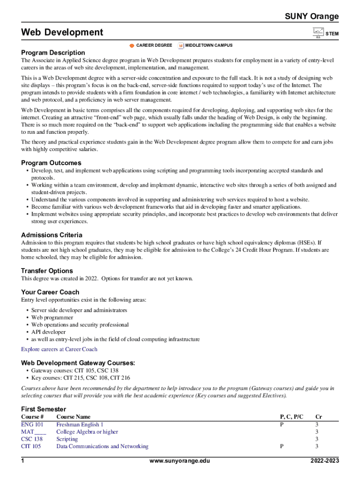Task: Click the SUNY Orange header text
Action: (312, 17)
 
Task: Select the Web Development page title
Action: (62, 32)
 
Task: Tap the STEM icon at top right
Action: (318, 33)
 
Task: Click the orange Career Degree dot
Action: (132, 45)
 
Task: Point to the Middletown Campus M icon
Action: (180, 45)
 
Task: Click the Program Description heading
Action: (53, 53)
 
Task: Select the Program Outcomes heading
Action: (51, 163)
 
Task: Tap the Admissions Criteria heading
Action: (51, 235)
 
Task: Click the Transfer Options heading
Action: (47, 271)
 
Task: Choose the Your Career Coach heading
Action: (50, 292)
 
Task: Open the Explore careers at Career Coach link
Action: (59, 349)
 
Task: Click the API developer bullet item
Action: (48, 332)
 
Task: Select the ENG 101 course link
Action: (32, 425)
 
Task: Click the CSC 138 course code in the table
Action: (32, 439)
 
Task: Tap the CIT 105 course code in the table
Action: (31, 447)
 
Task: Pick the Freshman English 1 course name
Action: (79, 425)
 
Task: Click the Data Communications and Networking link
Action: (102, 447)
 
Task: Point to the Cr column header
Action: (318, 417)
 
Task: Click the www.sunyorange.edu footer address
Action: (180, 461)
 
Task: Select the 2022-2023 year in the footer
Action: (324, 461)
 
